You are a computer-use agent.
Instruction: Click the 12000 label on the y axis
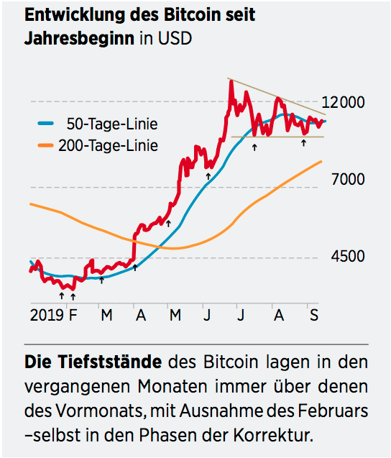click(x=344, y=102)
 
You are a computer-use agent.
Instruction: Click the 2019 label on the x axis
click(x=47, y=314)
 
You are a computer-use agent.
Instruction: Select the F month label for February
click(x=71, y=314)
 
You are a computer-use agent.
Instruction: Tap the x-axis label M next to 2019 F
click(x=106, y=314)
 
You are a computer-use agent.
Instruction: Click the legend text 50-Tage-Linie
click(x=111, y=124)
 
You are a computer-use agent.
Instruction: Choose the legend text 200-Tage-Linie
click(x=109, y=146)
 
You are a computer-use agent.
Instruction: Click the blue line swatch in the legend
click(x=47, y=124)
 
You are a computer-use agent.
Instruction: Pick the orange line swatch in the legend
click(x=47, y=146)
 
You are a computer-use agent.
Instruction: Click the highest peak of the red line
click(x=231, y=81)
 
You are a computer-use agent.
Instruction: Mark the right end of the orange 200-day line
click(x=321, y=162)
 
